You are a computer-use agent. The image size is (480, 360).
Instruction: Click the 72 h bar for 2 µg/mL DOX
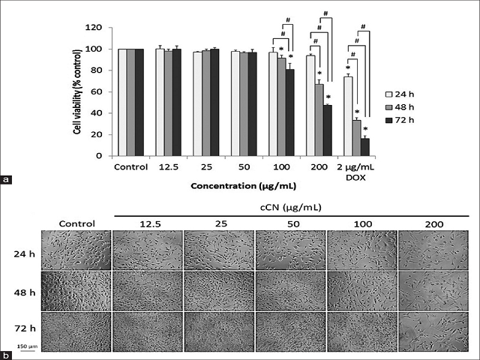(x=364, y=147)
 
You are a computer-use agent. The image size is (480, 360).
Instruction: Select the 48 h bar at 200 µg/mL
(x=319, y=120)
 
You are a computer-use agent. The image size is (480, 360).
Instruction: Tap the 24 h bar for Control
(x=122, y=102)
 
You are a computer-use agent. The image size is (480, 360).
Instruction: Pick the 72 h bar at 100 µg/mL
(x=289, y=112)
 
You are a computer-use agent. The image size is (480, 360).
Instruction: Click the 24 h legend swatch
(x=389, y=95)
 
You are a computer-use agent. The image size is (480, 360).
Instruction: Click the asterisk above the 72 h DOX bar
(x=364, y=129)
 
